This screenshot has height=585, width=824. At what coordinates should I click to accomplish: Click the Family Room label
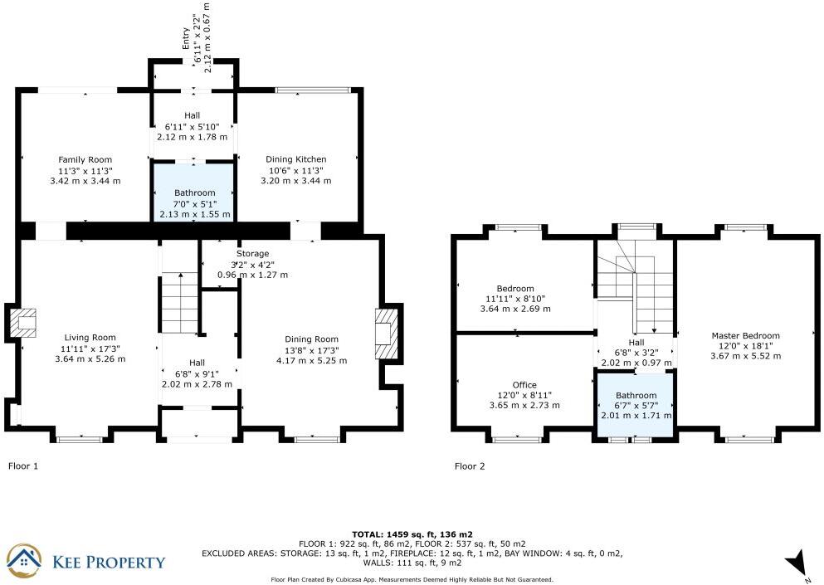click(x=85, y=159)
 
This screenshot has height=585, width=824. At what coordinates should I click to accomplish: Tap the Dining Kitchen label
click(x=295, y=159)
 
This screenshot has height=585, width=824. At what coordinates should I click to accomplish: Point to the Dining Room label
click(x=311, y=339)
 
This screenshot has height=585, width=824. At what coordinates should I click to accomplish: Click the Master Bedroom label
click(x=745, y=335)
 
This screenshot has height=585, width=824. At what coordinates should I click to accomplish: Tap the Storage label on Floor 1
click(x=252, y=253)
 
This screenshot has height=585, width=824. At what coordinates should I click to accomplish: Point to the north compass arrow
click(x=798, y=562)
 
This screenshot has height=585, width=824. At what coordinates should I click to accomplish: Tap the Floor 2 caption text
click(x=470, y=466)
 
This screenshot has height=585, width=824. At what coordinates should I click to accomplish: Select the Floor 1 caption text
click(x=23, y=466)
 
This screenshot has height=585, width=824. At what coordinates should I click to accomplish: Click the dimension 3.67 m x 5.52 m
click(x=745, y=356)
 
